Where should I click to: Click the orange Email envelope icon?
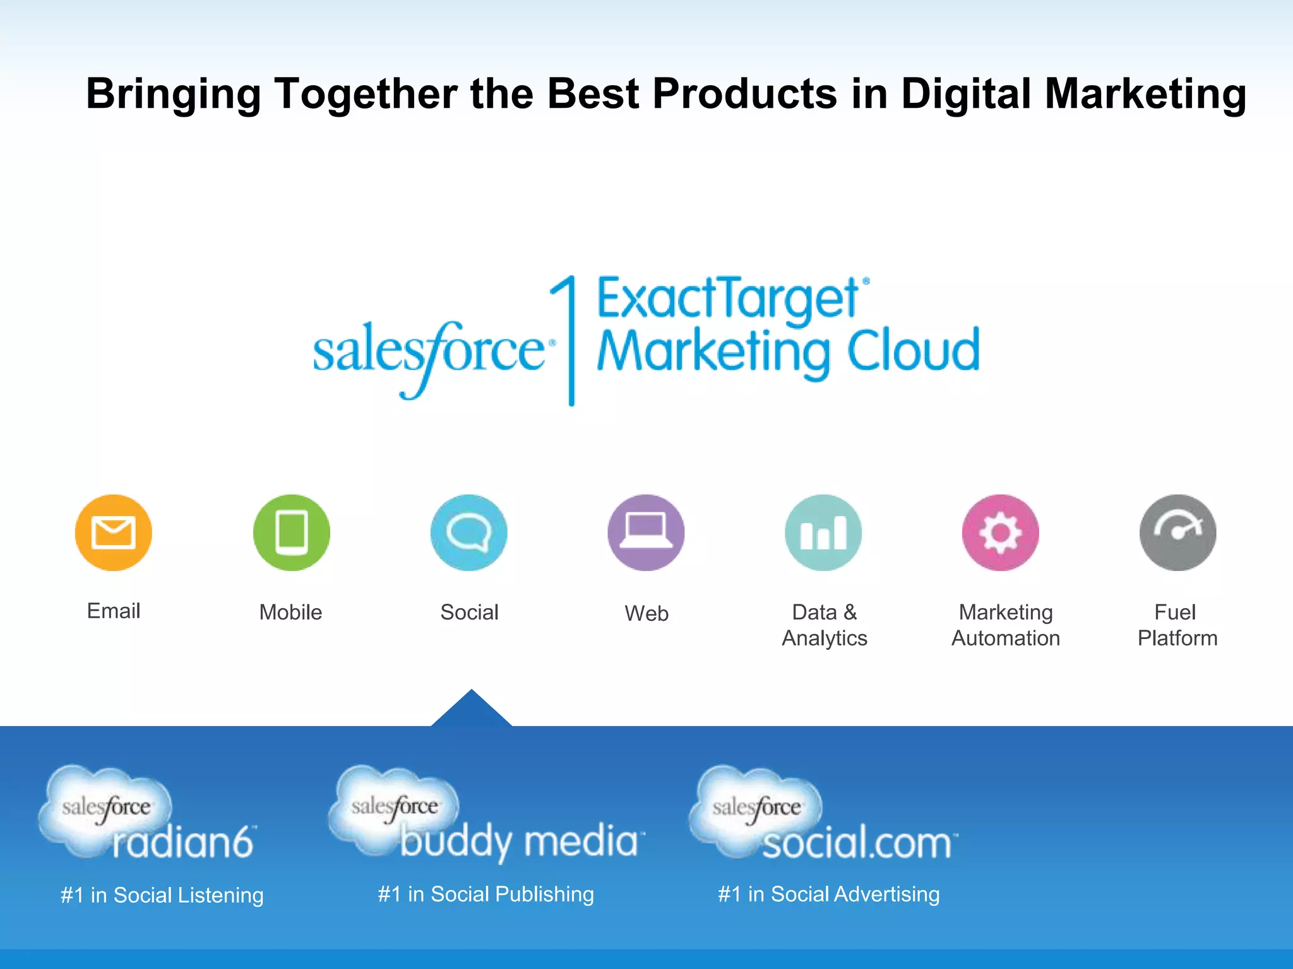pos(114,532)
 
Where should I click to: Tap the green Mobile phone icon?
pos(292,532)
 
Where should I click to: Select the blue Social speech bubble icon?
pos(469,532)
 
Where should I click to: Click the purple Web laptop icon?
pos(646,532)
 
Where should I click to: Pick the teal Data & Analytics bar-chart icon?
pos(823,532)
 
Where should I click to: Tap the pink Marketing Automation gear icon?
pos(1001,532)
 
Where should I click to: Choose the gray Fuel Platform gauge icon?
pos(1177,532)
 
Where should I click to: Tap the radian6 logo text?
pos(183,842)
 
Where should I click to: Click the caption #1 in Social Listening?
pos(162,895)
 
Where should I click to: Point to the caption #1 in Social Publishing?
pos(486,894)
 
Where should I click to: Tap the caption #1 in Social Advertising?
pos(828,894)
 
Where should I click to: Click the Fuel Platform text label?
pos(1177,625)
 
